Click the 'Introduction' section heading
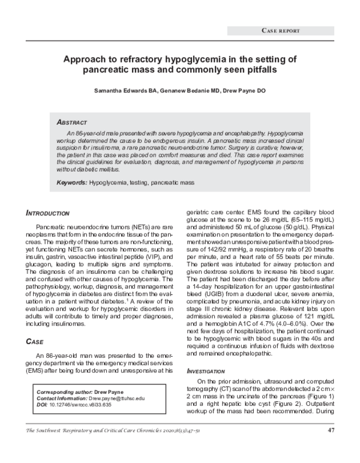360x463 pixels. coord(48,213)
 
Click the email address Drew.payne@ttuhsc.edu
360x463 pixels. coord(118,398)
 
